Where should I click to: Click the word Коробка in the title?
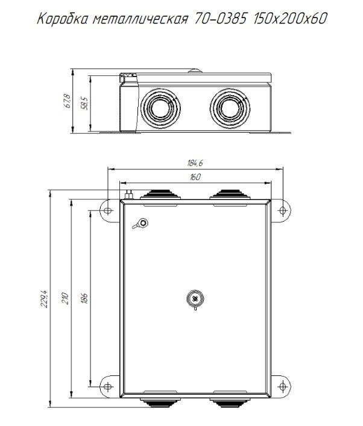pyautogui.click(x=63, y=19)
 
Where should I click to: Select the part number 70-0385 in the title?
pyautogui.click(x=220, y=19)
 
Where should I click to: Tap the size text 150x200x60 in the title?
pyautogui.click(x=289, y=19)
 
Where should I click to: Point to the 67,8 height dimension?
pyautogui.click(x=67, y=101)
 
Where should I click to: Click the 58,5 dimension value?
pyautogui.click(x=84, y=103)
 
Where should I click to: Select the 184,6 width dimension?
pyautogui.click(x=195, y=163)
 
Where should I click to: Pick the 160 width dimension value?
pyautogui.click(x=195, y=177)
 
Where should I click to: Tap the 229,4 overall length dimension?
pyautogui.click(x=45, y=299)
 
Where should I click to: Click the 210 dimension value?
pyautogui.click(x=66, y=298)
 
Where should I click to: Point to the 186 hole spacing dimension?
pyautogui.click(x=84, y=298)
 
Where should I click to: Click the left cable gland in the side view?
pyautogui.click(x=160, y=108)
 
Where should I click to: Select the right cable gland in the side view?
pyautogui.click(x=230, y=108)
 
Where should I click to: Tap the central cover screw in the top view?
pyautogui.click(x=195, y=299)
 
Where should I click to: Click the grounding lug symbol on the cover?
pyautogui.click(x=141, y=224)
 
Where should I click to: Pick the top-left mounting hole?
pyautogui.click(x=108, y=210)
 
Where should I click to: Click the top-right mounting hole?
pyautogui.click(x=283, y=210)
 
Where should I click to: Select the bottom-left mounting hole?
pyautogui.click(x=108, y=386)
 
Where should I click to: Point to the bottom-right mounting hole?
pyautogui.click(x=283, y=386)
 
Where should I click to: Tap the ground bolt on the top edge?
pyautogui.click(x=128, y=195)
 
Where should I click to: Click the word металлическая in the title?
pyautogui.click(x=140, y=19)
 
